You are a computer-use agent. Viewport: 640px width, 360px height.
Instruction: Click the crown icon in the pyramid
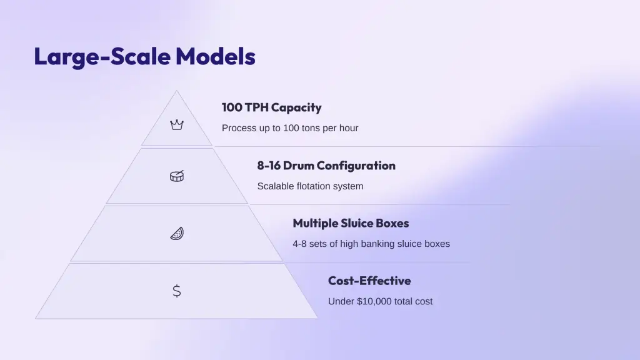point(177,124)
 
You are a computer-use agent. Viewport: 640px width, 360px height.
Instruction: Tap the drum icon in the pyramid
point(177,176)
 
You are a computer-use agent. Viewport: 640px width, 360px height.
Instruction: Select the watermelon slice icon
point(177,234)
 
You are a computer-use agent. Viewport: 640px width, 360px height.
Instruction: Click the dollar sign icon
point(177,291)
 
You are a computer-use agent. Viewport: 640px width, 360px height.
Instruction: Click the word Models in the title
point(216,56)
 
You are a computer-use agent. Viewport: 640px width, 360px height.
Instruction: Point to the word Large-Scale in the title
point(102,57)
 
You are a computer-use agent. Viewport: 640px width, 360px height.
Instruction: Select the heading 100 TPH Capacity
point(271,107)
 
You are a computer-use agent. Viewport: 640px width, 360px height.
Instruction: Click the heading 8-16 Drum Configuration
point(326,165)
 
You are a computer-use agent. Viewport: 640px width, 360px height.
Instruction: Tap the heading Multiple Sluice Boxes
point(351,223)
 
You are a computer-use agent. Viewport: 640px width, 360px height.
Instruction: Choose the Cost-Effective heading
point(369,281)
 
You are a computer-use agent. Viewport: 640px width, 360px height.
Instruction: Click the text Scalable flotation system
point(310,186)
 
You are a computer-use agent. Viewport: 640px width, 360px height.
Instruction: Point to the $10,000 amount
point(374,301)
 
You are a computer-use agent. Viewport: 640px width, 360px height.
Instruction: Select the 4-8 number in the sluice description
point(299,244)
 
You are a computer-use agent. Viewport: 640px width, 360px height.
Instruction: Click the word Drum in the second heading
point(298,165)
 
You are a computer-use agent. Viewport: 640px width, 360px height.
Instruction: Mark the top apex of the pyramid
point(177,91)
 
